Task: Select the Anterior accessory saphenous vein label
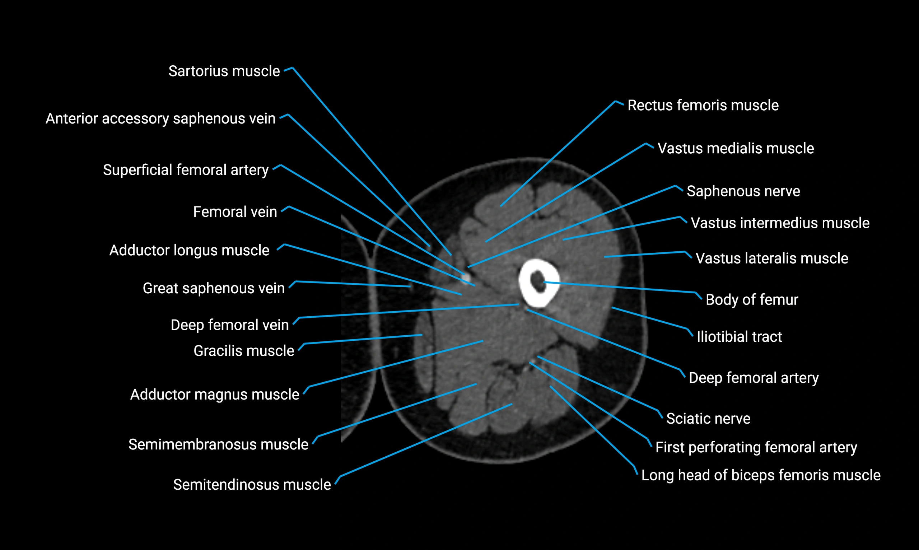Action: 160,118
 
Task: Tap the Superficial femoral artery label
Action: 186,170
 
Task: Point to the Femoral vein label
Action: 235,212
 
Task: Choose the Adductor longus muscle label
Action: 189,251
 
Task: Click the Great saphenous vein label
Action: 214,288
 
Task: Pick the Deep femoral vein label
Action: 229,325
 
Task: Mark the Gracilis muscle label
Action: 243,351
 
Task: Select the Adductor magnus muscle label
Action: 215,395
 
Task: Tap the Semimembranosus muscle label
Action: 218,444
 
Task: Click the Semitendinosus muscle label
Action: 252,485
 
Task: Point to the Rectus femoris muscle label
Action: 703,105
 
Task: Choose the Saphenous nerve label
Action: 743,191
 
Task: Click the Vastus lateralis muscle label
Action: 771,258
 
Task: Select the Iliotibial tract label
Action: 739,337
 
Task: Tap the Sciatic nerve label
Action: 708,419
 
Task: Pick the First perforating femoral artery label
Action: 756,447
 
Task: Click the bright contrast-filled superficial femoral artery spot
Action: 466,277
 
